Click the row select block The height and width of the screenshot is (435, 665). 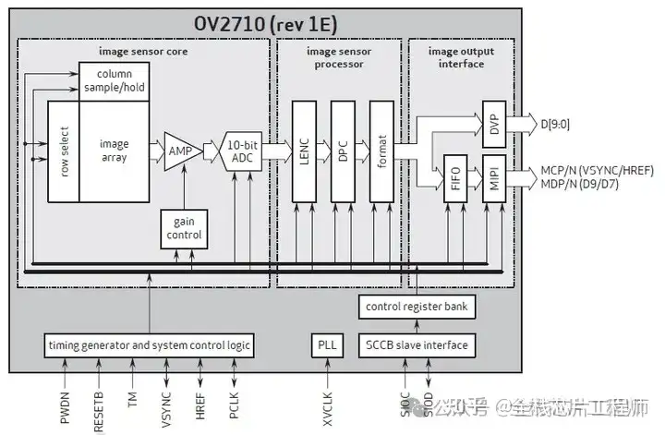(x=64, y=151)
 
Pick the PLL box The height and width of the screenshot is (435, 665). (x=326, y=345)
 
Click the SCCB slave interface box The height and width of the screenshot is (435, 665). (x=417, y=345)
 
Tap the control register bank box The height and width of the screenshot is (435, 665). (x=417, y=307)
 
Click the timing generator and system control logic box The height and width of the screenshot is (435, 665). (x=149, y=345)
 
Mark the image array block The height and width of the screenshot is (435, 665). (x=114, y=151)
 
